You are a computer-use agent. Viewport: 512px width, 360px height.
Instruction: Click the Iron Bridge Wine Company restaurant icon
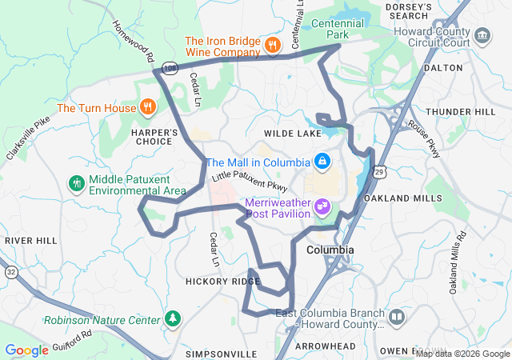273,46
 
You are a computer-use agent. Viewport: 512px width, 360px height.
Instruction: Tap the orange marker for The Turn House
147,106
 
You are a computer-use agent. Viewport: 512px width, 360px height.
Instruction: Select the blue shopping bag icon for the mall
322,162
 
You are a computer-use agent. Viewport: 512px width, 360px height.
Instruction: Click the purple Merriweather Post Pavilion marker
323,208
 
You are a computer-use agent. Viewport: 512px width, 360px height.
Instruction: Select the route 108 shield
170,70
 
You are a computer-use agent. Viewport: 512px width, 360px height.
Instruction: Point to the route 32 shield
10,272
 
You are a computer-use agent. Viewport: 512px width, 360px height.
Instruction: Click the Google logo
26,350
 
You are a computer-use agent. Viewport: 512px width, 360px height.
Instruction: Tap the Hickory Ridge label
214,282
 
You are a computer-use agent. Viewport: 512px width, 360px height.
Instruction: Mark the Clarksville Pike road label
27,138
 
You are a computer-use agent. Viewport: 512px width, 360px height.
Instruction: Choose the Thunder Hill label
460,112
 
